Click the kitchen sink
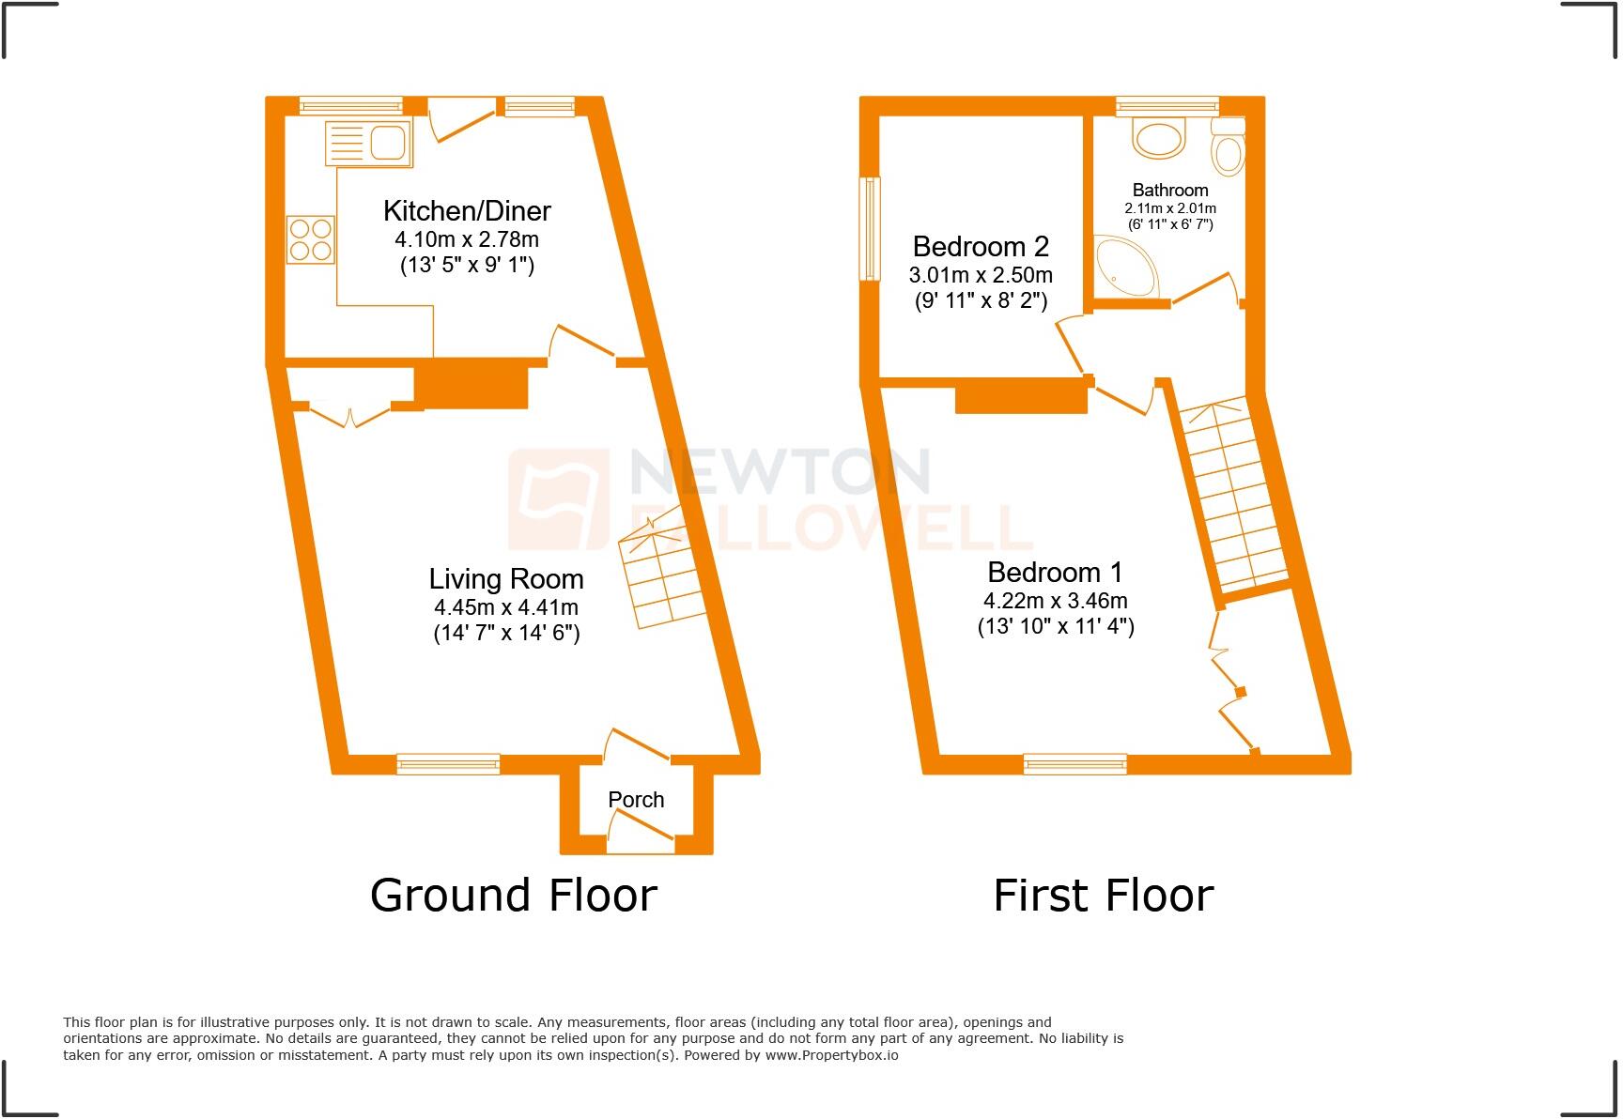tap(369, 145)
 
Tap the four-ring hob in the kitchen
tap(311, 239)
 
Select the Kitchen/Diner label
tap(467, 210)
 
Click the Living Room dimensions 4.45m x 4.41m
tap(505, 607)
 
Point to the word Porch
tap(636, 800)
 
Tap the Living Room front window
tap(448, 764)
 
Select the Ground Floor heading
tap(513, 895)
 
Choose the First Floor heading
tap(1103, 895)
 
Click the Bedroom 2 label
tap(981, 247)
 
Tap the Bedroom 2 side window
tap(872, 228)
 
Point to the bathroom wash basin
tap(1159, 140)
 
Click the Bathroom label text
tap(1170, 190)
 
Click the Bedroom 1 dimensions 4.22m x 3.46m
tap(1056, 601)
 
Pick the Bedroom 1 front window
tap(1075, 764)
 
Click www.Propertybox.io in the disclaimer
tap(831, 1055)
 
